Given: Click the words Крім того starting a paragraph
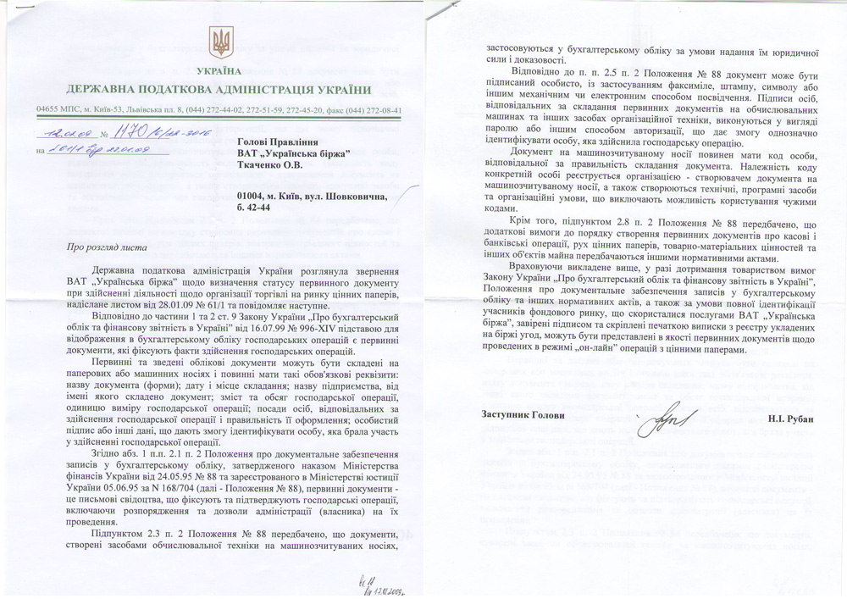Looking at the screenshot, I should (536, 216).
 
